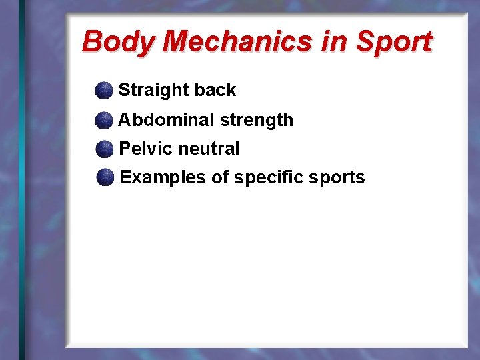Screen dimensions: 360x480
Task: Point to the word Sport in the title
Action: [393, 42]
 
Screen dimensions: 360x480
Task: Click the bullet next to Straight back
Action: [104, 90]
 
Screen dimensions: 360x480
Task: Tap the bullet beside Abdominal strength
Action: [104, 120]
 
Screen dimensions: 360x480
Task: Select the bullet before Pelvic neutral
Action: [105, 149]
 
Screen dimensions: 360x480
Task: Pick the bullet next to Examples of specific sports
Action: [105, 178]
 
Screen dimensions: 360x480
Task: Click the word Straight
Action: [153, 91]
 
